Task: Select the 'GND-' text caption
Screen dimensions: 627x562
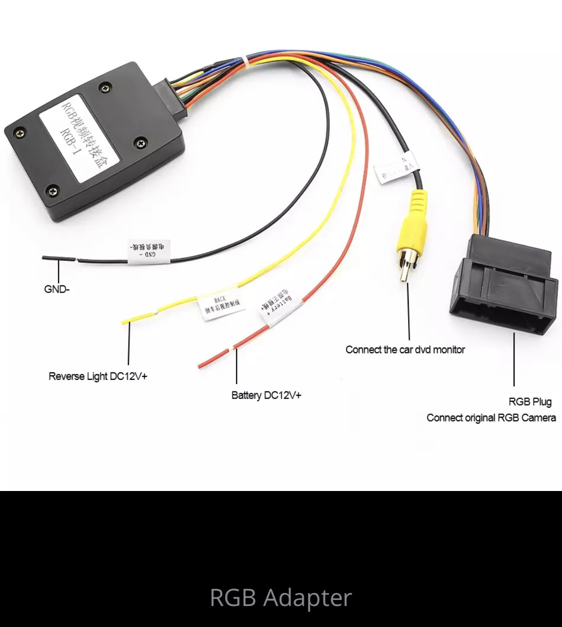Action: pyautogui.click(x=56, y=289)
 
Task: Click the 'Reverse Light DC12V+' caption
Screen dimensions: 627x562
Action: pyautogui.click(x=98, y=376)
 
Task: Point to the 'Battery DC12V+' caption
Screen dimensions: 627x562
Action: pyautogui.click(x=266, y=395)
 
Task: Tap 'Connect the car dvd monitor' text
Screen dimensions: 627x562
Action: pyautogui.click(x=405, y=349)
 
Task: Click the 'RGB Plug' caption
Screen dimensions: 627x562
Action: pyautogui.click(x=530, y=401)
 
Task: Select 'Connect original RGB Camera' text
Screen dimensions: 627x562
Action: pyautogui.click(x=491, y=417)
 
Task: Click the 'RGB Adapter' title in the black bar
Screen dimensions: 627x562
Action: pyautogui.click(x=281, y=597)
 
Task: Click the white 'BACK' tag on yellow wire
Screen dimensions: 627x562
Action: pyautogui.click(x=222, y=304)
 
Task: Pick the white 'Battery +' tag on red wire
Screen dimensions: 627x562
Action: pyautogui.click(x=278, y=305)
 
